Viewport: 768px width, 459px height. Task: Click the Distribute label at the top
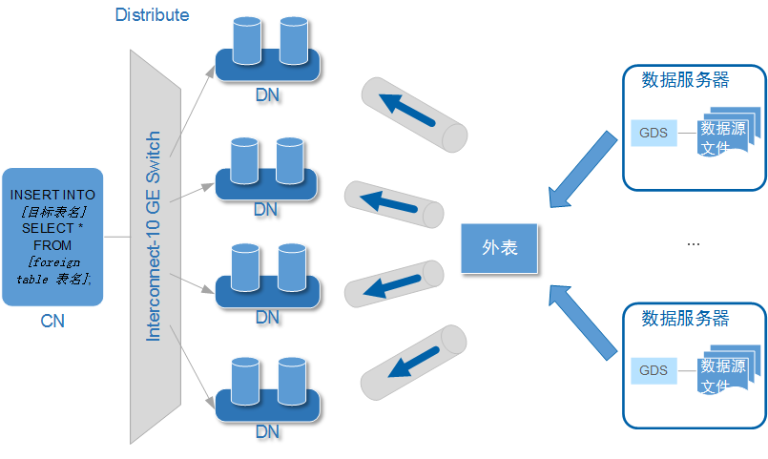point(152,15)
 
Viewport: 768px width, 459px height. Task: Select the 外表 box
point(499,247)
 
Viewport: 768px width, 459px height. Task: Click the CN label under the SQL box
point(52,322)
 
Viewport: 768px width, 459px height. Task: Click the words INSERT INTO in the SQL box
point(52,195)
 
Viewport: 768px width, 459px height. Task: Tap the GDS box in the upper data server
point(654,132)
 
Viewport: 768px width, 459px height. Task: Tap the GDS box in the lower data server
point(654,370)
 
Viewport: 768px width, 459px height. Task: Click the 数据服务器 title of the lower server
point(685,318)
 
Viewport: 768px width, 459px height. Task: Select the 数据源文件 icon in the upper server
point(726,136)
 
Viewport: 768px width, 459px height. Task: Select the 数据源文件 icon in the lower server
point(726,374)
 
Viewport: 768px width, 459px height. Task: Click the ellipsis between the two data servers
point(694,245)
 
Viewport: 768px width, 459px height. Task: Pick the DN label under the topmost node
point(267,95)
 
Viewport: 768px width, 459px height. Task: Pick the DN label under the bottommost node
point(267,432)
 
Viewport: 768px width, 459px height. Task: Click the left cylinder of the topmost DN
point(246,39)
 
